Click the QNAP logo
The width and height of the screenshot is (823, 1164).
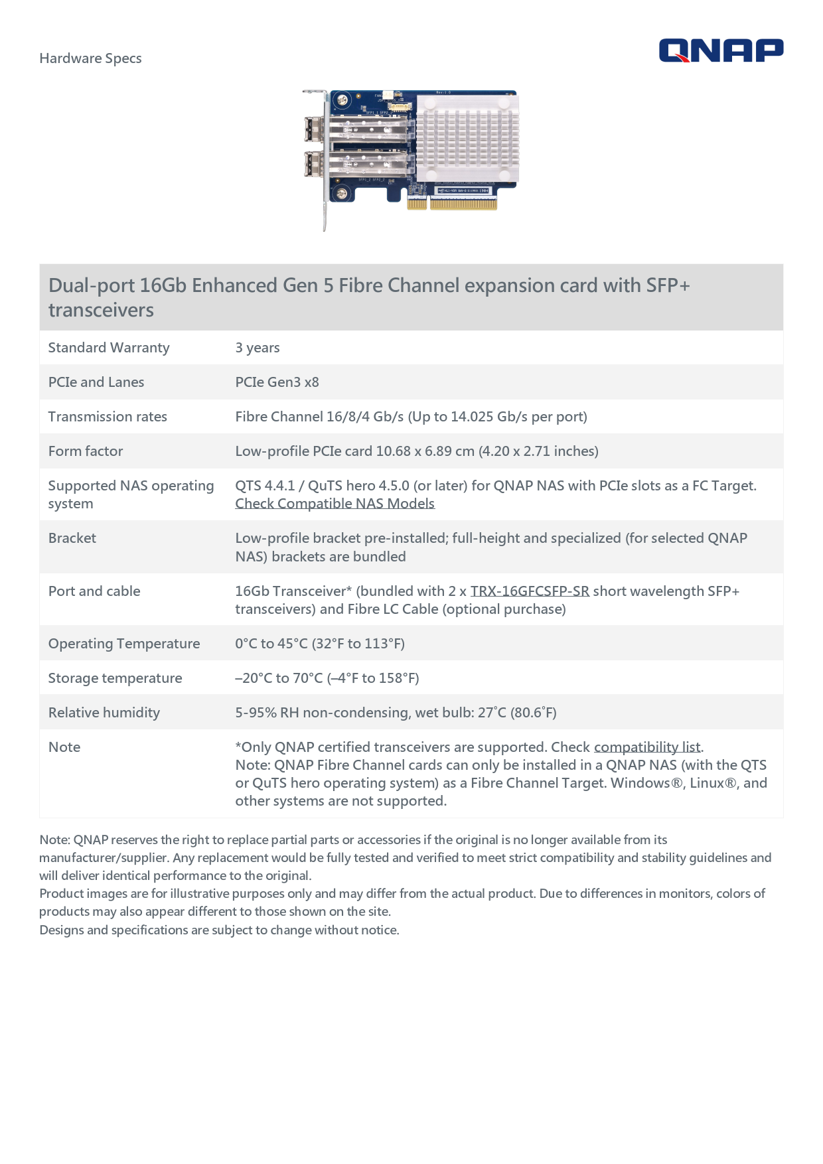point(721,50)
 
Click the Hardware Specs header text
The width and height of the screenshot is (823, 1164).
point(90,58)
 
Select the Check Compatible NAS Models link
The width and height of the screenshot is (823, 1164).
point(335,504)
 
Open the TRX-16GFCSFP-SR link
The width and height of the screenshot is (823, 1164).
point(530,591)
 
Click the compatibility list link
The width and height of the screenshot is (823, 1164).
point(647,747)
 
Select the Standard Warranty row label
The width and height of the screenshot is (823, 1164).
point(109,348)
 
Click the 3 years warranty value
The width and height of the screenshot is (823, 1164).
point(258,348)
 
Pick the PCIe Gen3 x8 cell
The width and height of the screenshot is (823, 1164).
point(277,382)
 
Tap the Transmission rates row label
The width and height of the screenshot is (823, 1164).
point(108,417)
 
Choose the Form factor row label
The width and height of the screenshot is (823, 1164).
point(86,451)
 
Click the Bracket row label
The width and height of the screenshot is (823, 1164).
point(72,538)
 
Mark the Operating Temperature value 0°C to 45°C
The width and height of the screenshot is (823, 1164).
point(320,644)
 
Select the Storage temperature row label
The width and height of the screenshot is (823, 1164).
point(115,678)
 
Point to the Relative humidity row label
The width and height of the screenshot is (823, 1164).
point(104,713)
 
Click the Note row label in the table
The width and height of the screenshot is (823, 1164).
point(64,747)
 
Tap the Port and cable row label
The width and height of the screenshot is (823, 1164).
point(94,591)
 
